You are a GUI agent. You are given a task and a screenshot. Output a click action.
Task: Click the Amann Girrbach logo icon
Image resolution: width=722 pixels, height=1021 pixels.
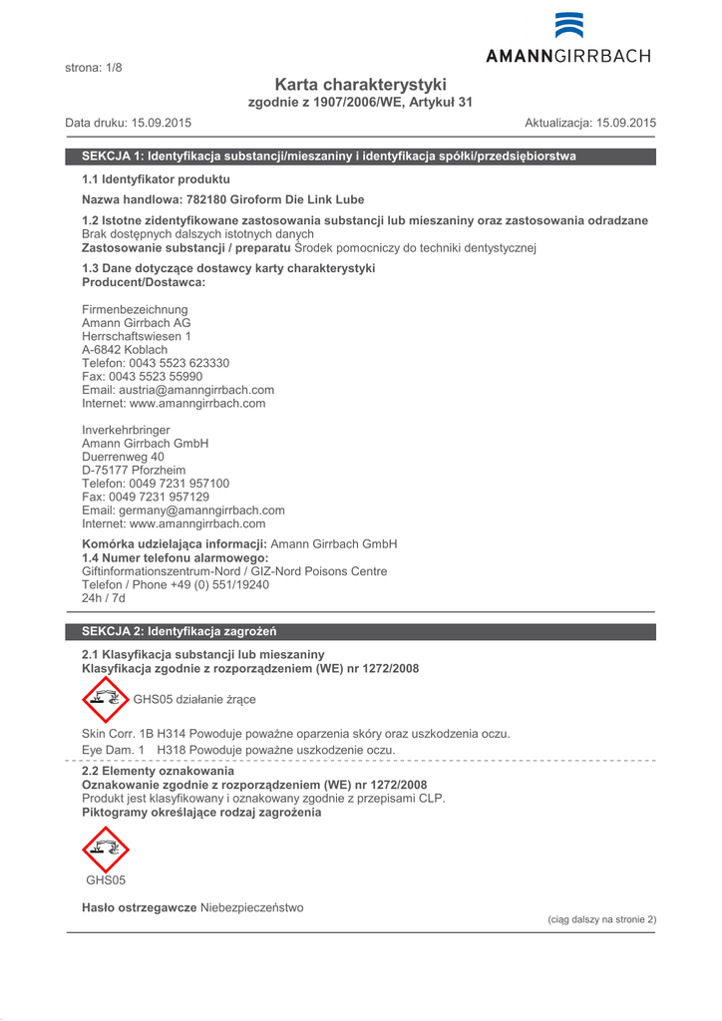[x=569, y=26]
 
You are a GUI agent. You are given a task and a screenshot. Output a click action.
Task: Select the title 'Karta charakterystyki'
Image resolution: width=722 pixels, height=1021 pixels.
[x=360, y=85]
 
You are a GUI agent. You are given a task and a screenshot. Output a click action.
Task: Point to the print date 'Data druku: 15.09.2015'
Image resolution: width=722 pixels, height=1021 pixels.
[x=129, y=123]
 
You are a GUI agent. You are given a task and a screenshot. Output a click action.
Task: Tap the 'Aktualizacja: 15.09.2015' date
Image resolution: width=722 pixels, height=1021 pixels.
[x=590, y=123]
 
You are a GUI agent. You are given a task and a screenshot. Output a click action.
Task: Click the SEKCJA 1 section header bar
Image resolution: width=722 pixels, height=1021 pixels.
[x=360, y=157]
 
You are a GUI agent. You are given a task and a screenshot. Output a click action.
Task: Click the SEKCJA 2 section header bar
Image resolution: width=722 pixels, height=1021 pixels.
[x=360, y=631]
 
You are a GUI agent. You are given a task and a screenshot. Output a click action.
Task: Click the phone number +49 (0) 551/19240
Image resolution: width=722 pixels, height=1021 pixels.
[x=225, y=585]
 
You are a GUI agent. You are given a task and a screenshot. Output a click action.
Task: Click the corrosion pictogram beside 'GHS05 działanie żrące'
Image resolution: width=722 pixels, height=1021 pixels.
[x=105, y=699]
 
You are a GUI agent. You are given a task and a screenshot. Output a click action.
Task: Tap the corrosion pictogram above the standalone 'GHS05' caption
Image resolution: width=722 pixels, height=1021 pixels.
[x=105, y=850]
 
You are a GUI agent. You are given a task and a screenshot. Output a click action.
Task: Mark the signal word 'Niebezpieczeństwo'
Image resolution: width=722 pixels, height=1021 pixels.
[x=251, y=907]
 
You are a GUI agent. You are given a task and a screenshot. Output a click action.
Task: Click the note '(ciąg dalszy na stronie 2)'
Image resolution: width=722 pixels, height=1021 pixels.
[x=602, y=919]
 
